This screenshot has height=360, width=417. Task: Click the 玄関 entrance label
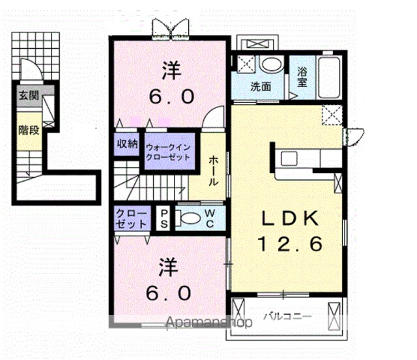[29, 96]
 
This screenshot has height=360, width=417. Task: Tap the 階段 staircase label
[29, 130]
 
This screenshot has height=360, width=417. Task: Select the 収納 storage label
[128, 144]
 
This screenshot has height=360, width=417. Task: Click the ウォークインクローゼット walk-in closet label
[168, 152]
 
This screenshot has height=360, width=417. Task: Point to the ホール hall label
[213, 171]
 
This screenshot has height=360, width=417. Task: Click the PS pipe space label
[164, 219]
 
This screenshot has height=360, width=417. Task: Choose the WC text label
[210, 219]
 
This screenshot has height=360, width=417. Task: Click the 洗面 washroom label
[261, 87]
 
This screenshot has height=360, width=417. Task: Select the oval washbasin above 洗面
[271, 64]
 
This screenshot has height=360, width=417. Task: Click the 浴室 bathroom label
[302, 77]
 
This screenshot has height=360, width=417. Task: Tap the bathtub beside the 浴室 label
[329, 77]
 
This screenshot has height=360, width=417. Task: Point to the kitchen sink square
[289, 159]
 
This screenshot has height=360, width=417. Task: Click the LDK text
[290, 218]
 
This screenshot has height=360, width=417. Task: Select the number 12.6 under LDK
[290, 244]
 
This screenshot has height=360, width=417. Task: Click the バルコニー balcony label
[287, 316]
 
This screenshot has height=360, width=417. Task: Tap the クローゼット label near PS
[132, 219]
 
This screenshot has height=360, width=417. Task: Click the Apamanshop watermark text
[209, 323]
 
